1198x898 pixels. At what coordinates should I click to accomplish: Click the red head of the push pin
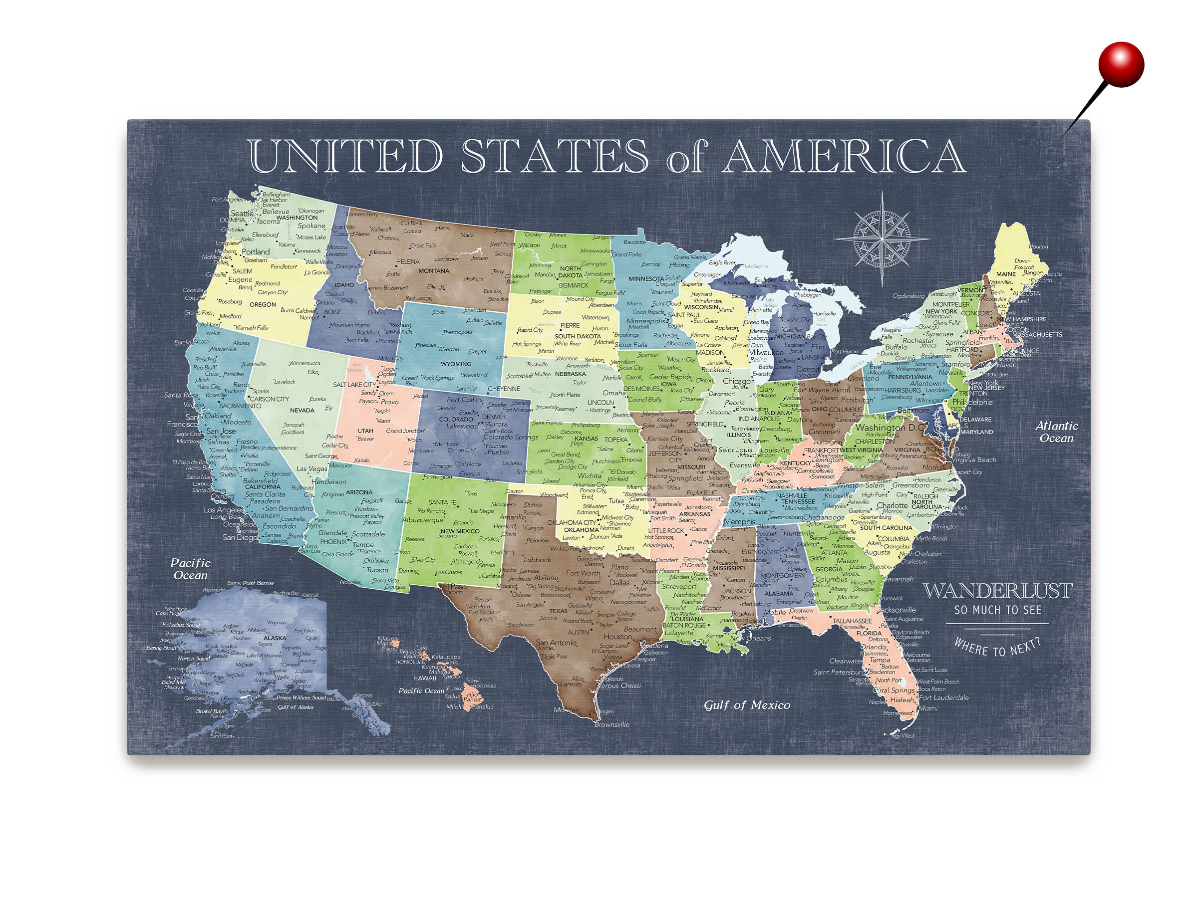pyautogui.click(x=1121, y=63)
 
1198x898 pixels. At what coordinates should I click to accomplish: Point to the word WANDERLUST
pyautogui.click(x=997, y=591)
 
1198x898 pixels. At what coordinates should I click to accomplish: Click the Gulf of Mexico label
pyautogui.click(x=747, y=705)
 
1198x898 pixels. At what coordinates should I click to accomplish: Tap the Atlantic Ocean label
pyautogui.click(x=1057, y=432)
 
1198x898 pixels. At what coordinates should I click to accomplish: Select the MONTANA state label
pyautogui.click(x=434, y=270)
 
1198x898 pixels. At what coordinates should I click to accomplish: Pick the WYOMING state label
pyautogui.click(x=456, y=364)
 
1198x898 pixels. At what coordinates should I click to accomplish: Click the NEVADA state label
pyautogui.click(x=301, y=410)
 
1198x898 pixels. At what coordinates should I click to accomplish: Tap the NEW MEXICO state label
pyautogui.click(x=460, y=531)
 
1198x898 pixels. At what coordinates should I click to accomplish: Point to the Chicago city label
pyautogui.click(x=737, y=381)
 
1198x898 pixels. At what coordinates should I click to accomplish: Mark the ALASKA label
pyautogui.click(x=275, y=638)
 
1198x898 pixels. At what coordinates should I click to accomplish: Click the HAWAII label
pyautogui.click(x=425, y=677)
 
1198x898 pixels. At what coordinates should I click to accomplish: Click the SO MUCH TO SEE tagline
pyautogui.click(x=998, y=610)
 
